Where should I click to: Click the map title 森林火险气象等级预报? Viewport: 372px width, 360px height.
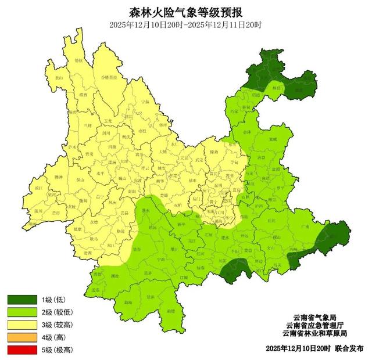[185, 12]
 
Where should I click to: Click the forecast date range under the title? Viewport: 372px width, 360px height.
[185, 25]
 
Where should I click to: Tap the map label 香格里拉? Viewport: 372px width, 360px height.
[109, 77]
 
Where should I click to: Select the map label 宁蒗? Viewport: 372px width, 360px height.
[145, 102]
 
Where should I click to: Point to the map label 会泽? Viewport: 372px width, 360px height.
[247, 132]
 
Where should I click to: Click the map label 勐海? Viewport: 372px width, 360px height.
[127, 302]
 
